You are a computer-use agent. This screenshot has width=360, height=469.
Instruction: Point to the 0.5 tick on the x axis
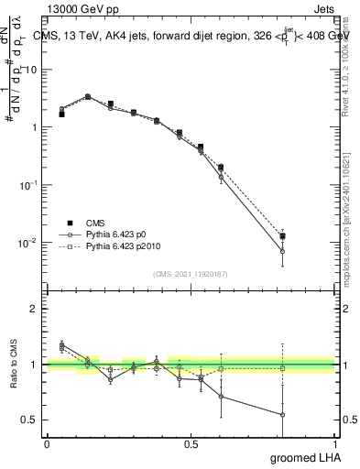click(x=190, y=443)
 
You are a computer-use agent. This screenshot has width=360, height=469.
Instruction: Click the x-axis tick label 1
click(x=333, y=443)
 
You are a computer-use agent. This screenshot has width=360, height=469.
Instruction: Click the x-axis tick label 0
click(x=47, y=443)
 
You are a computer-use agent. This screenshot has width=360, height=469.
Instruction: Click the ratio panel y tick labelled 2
click(x=37, y=309)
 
